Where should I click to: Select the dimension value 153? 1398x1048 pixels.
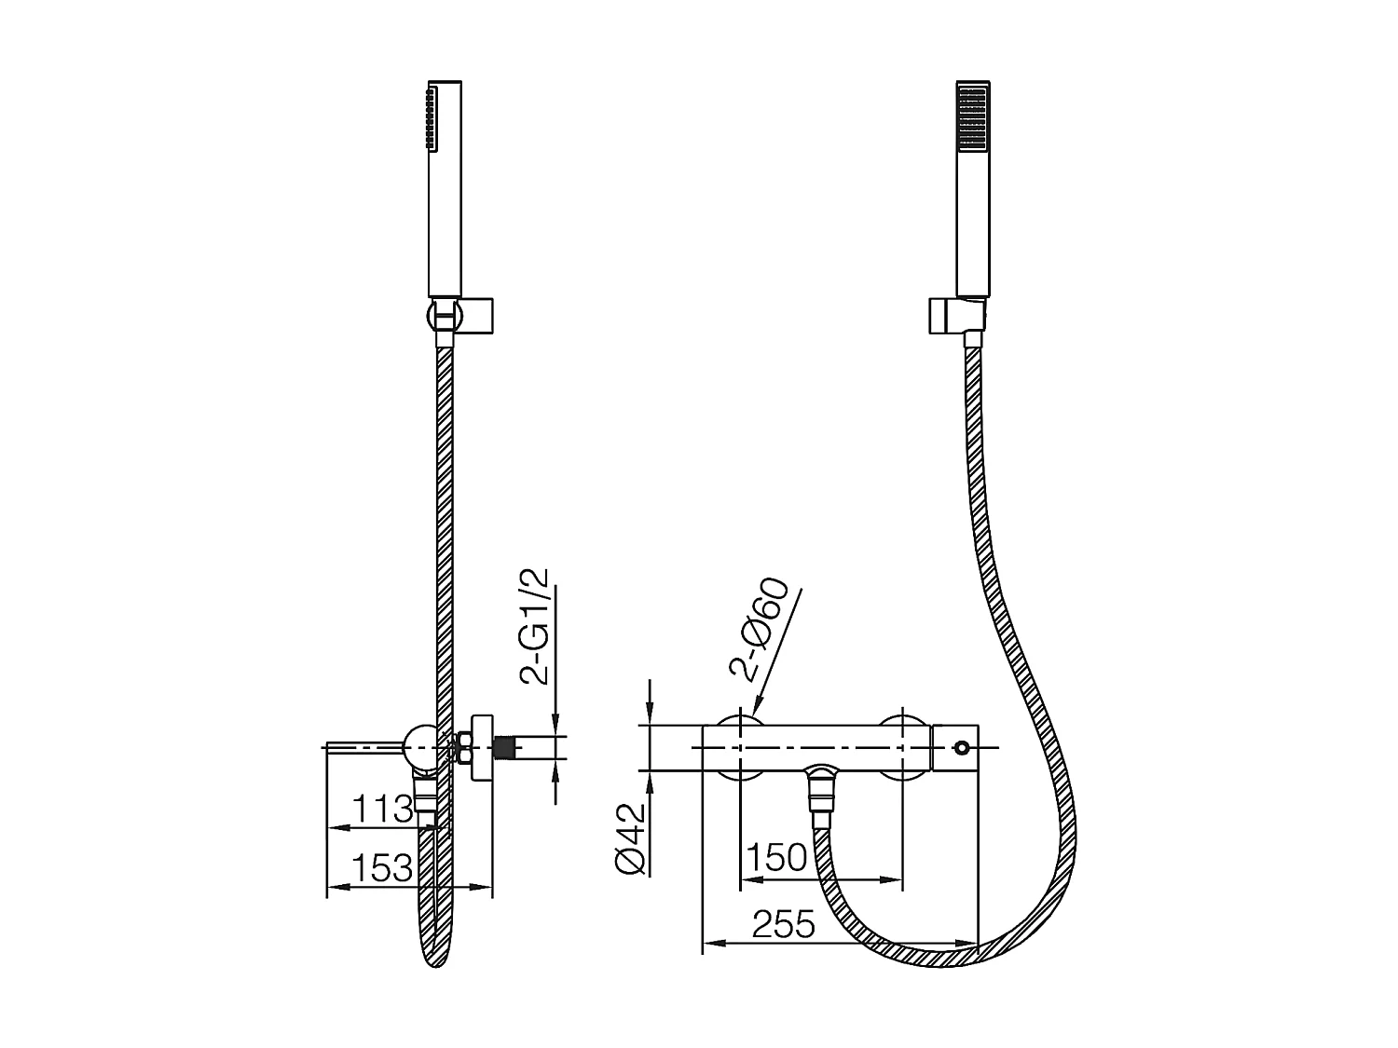click(383, 868)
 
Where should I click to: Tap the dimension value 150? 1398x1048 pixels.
click(777, 857)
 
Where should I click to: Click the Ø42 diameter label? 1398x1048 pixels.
click(631, 838)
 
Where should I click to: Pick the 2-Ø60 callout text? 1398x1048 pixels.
click(760, 630)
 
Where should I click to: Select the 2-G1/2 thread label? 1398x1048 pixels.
click(538, 627)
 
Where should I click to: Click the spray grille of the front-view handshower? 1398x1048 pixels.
click(972, 116)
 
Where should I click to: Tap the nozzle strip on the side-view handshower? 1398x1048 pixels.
click(430, 118)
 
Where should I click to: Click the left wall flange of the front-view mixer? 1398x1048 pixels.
click(739, 747)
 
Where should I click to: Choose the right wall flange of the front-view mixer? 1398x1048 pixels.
click(903, 747)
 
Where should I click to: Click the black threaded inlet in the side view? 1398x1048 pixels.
click(506, 747)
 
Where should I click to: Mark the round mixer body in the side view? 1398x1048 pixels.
click(420, 747)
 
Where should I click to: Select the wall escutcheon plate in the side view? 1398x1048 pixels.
click(482, 747)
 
